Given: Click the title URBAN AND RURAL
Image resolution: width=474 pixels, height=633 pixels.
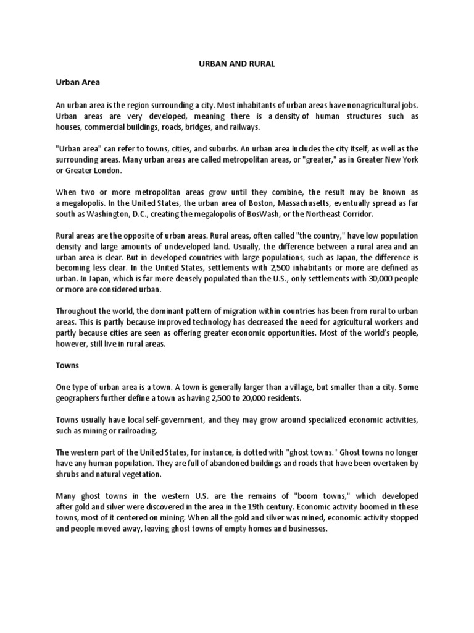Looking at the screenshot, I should tap(237, 63).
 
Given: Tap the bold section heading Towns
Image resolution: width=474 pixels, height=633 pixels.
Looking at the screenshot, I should tap(68, 365).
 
